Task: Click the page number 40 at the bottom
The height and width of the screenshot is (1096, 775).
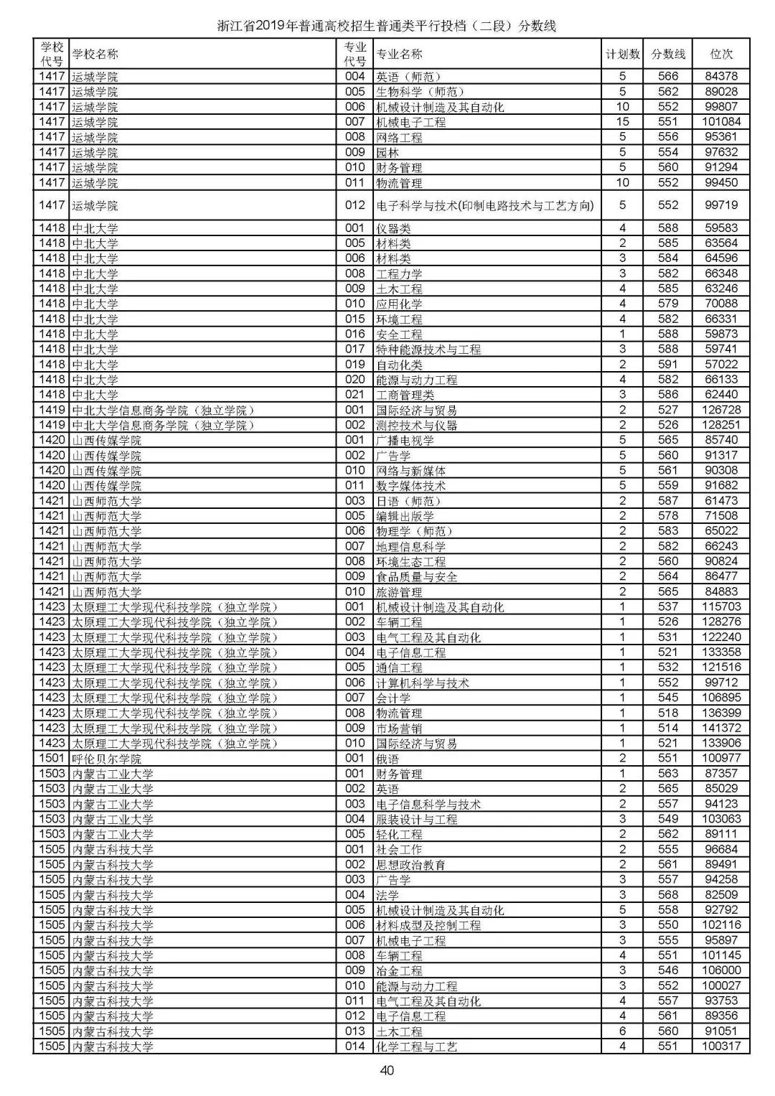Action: pos(387,1071)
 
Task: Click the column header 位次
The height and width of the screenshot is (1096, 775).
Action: pos(721,54)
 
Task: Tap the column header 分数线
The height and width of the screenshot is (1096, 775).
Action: pos(668,54)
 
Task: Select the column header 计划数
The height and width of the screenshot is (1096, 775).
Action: pos(622,54)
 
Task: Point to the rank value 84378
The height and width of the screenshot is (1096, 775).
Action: pos(721,76)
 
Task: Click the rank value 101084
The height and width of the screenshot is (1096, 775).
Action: pos(721,122)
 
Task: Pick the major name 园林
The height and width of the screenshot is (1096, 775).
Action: pos(387,152)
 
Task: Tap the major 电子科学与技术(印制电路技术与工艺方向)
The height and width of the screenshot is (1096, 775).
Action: pos(485,205)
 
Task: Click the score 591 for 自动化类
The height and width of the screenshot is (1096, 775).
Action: pos(668,365)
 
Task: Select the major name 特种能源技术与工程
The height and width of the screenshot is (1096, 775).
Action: pos(428,350)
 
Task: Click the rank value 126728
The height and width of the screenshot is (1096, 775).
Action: pos(721,410)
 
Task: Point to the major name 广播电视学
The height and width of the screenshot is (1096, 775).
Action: pos(405,440)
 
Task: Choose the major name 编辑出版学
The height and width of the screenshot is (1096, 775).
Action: pos(405,516)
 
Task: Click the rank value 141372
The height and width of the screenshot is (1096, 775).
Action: pos(721,728)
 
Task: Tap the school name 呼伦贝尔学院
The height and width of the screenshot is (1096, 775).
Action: pos(106,759)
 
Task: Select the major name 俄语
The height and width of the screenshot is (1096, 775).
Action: pos(387,759)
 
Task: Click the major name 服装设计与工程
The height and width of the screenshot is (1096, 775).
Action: pos(416,819)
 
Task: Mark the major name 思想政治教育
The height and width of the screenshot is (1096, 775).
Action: pos(410,865)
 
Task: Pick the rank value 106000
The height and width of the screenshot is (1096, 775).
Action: pos(721,970)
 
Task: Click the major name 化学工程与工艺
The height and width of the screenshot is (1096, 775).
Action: pos(416,1046)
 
